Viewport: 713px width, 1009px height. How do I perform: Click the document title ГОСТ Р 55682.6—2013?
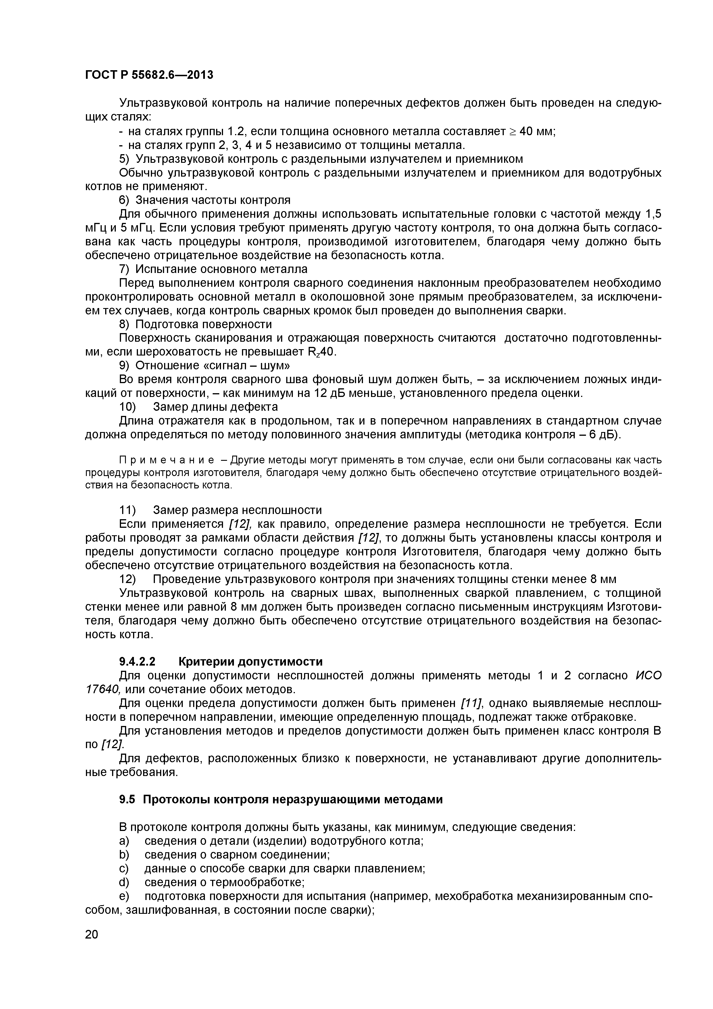pyautogui.click(x=149, y=75)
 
